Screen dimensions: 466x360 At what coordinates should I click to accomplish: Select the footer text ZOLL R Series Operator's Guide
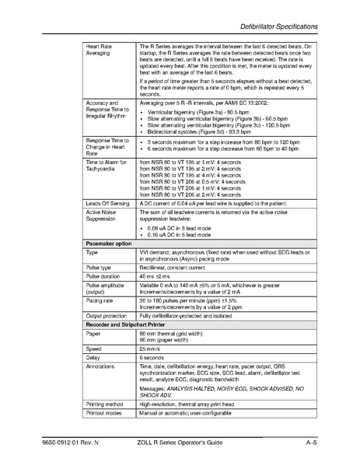click(x=193, y=443)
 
